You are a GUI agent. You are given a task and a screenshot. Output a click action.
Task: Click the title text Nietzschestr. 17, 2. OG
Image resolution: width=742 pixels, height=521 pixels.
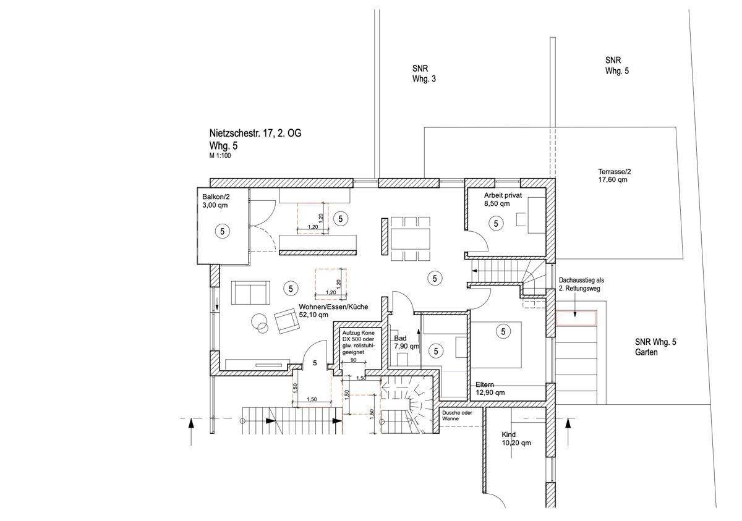point(255,133)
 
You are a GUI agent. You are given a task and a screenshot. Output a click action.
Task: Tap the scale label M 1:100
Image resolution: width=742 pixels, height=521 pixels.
point(220,156)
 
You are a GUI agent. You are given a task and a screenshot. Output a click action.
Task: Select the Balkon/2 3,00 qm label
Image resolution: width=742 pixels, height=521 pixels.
point(216,201)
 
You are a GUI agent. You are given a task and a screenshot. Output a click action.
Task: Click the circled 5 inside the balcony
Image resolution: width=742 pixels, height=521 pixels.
point(222,231)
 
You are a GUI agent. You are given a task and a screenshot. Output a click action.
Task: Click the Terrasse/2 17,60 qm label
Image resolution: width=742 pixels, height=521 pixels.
point(615,176)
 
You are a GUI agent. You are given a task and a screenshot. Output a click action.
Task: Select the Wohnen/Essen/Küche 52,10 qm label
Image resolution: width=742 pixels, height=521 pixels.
point(333,310)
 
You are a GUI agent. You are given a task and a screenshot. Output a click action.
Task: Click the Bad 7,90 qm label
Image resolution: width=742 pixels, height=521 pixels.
point(407,342)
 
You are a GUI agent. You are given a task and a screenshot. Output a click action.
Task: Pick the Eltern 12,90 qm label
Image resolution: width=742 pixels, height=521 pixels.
point(490,389)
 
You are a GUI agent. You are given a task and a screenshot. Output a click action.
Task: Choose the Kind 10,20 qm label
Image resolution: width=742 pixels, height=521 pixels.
point(516,439)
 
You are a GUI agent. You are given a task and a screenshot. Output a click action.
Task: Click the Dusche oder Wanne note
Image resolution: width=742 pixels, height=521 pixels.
point(457,416)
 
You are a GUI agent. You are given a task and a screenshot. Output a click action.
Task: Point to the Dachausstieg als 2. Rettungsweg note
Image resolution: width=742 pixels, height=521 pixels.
point(581,284)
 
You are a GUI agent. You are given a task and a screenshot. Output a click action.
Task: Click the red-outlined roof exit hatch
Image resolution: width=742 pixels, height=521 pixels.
point(576,319)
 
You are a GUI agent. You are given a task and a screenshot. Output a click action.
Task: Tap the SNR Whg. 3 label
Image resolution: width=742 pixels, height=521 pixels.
point(424,74)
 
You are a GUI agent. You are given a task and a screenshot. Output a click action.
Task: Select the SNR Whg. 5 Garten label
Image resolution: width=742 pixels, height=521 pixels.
point(655,347)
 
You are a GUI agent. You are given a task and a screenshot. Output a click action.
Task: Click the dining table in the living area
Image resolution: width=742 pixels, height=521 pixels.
point(411,239)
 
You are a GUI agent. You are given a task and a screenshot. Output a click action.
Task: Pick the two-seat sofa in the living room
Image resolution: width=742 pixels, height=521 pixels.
point(250,292)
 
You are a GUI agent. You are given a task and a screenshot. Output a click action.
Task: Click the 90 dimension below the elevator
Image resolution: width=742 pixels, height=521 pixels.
point(354,360)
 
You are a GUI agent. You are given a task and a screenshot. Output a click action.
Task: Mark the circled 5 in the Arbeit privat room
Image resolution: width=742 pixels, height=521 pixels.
point(496,224)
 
